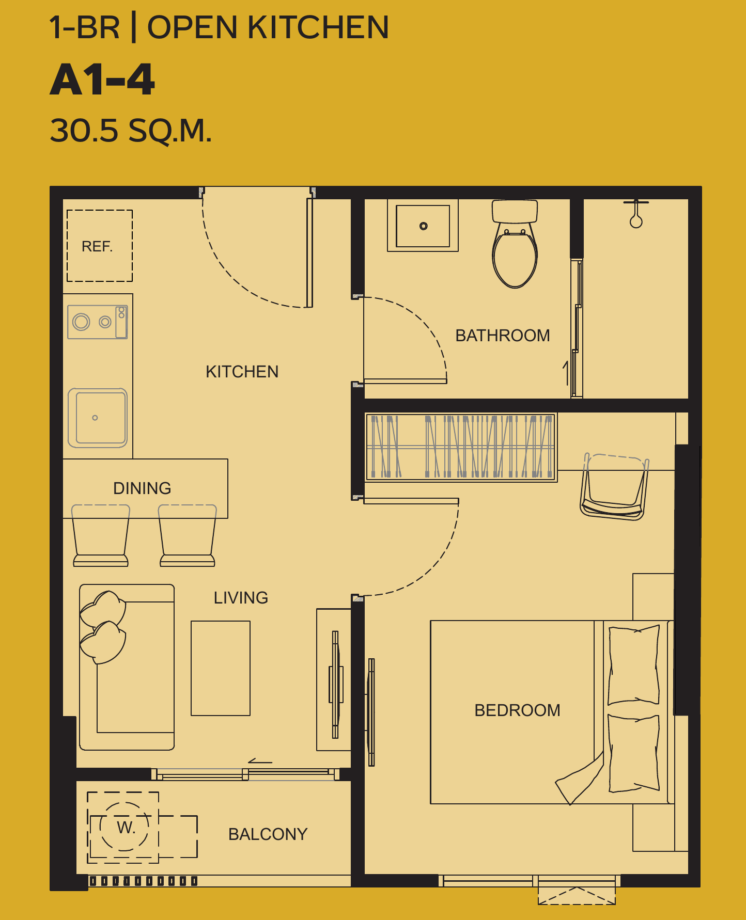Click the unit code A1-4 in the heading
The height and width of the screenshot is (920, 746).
pyautogui.click(x=102, y=80)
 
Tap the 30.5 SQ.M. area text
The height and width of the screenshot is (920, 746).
pyautogui.click(x=131, y=130)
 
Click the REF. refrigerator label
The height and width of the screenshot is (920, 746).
pyautogui.click(x=97, y=246)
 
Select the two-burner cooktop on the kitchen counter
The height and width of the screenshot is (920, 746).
pyautogui.click(x=98, y=322)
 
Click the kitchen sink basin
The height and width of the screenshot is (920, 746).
pyautogui.click(x=98, y=418)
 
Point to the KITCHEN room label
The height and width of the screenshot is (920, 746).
pyautogui.click(x=242, y=372)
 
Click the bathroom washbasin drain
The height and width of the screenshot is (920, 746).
pyautogui.click(x=424, y=226)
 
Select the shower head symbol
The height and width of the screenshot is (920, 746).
pyautogui.click(x=636, y=214)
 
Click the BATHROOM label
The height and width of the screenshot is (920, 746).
pyautogui.click(x=503, y=336)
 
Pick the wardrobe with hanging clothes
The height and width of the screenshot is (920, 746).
pyautogui.click(x=461, y=447)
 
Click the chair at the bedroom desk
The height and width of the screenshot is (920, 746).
pyautogui.click(x=614, y=486)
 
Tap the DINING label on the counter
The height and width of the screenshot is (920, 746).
pyautogui.click(x=142, y=488)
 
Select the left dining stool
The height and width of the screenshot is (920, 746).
pyautogui.click(x=101, y=535)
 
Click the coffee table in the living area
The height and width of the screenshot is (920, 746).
pyautogui.click(x=221, y=668)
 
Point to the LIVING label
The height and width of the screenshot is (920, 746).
pyautogui.click(x=241, y=598)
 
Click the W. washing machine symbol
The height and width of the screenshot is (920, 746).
pyautogui.click(x=124, y=827)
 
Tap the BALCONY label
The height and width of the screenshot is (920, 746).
pyautogui.click(x=268, y=834)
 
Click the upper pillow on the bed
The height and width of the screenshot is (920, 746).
pyautogui.click(x=634, y=665)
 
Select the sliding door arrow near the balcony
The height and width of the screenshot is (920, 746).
pyautogui.click(x=260, y=761)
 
